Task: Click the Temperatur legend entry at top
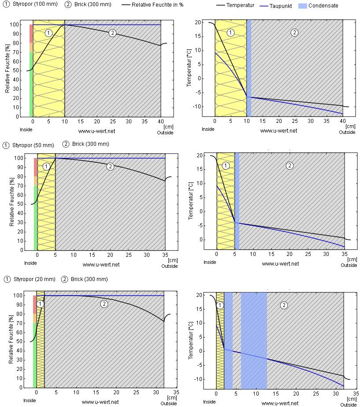(x=241, y=6)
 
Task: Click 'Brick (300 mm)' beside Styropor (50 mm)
(x=90, y=144)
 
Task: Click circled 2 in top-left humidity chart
(x=112, y=33)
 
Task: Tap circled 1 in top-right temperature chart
(x=230, y=33)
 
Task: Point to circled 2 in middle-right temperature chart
(x=289, y=166)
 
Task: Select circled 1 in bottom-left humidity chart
(x=40, y=304)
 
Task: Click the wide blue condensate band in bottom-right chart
(x=254, y=339)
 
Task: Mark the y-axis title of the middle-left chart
(x=12, y=203)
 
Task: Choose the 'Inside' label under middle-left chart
(x=30, y=263)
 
